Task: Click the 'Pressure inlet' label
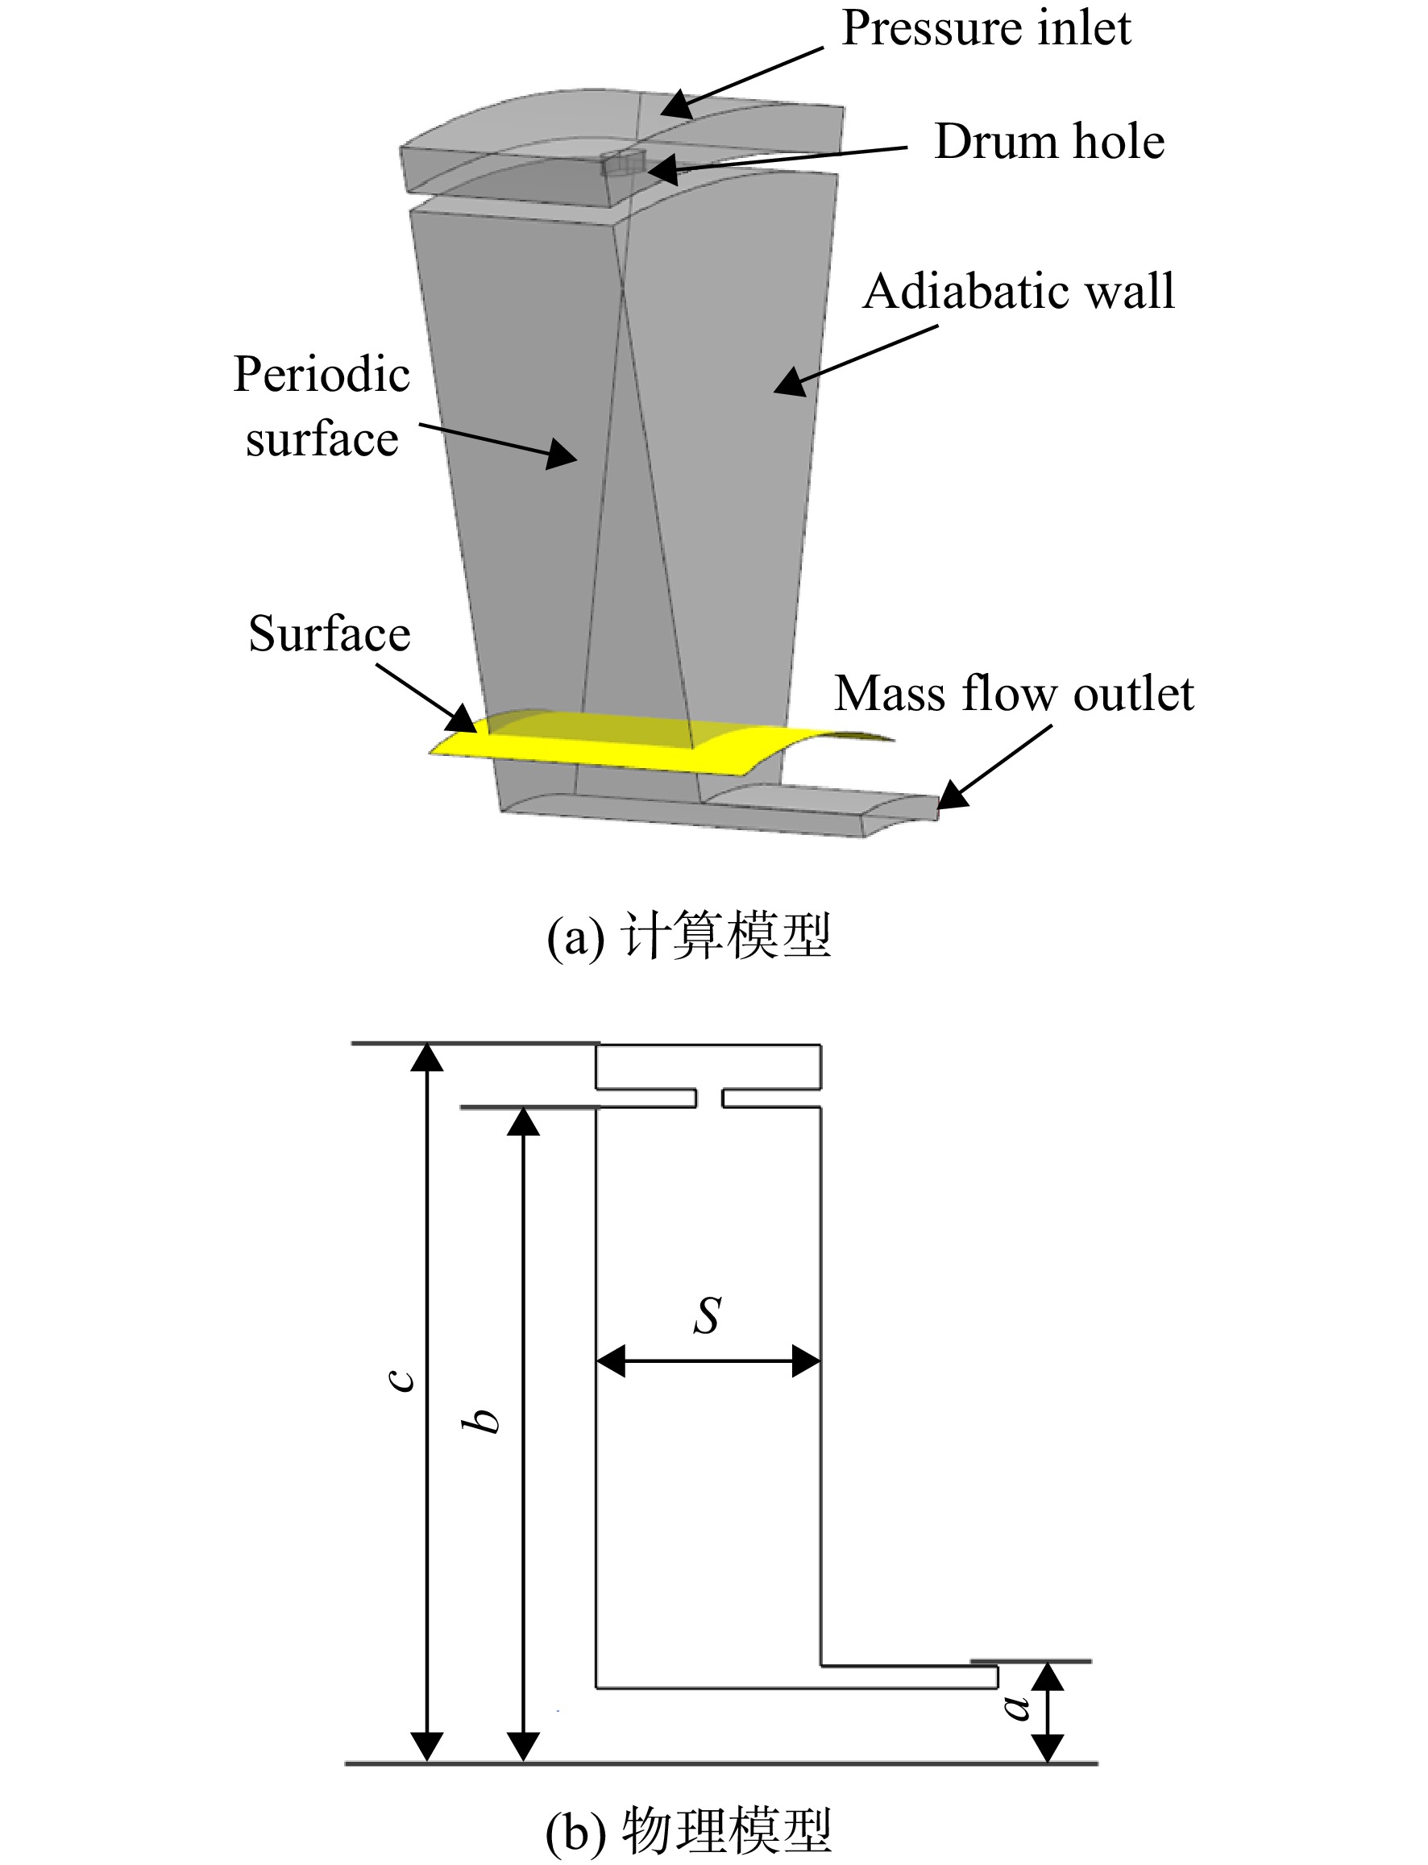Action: (986, 28)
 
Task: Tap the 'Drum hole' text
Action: (1049, 141)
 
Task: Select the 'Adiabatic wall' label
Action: (1019, 292)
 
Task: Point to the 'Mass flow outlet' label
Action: (1014, 694)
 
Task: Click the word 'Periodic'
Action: (322, 374)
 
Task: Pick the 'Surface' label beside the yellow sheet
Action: (329, 633)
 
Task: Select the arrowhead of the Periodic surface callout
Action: (561, 453)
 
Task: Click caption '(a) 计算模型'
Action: (688, 936)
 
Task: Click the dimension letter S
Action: (708, 1315)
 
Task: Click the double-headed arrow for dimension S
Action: (708, 1361)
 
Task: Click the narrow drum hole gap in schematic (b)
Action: (709, 1099)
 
